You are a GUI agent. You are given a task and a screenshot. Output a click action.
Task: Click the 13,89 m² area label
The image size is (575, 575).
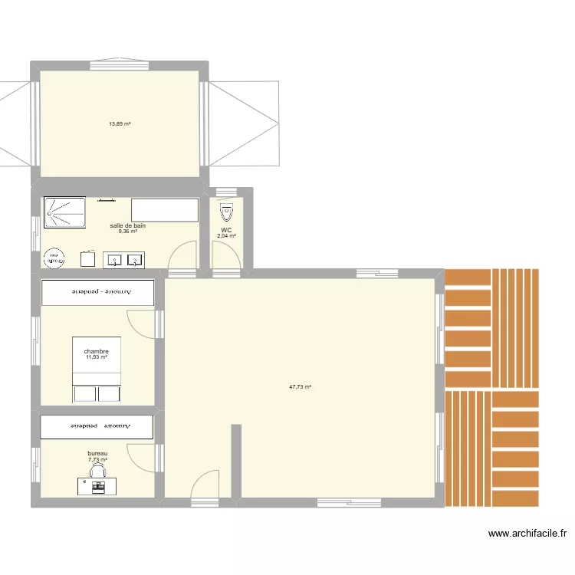120,123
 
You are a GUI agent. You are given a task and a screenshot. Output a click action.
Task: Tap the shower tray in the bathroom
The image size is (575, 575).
67,213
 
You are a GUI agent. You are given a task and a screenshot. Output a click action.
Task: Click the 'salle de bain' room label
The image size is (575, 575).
128,225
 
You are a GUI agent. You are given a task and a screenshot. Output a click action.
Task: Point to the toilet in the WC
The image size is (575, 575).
226,211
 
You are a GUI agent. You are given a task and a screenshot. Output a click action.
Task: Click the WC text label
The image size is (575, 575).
226,229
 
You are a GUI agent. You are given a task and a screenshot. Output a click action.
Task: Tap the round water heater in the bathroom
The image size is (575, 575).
54,258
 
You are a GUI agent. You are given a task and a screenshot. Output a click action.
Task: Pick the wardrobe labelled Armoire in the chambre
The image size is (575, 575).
98,292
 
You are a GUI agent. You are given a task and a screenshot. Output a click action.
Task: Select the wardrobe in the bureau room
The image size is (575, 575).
97,426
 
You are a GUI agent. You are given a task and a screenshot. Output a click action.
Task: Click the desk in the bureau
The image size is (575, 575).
98,486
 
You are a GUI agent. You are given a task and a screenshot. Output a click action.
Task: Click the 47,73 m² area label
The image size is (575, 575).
300,387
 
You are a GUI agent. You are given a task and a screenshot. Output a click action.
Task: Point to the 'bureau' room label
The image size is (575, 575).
97,454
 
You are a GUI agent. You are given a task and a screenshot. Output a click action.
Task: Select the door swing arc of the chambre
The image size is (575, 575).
140,322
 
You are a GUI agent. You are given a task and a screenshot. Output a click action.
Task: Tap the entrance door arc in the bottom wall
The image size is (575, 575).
203,485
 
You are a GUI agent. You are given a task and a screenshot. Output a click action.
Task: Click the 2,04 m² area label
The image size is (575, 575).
226,236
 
